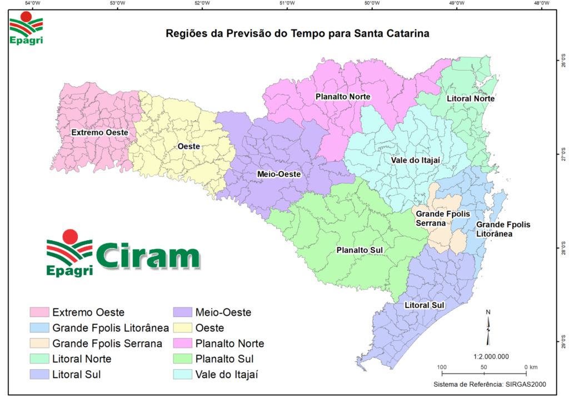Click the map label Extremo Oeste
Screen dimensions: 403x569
pyautogui.click(x=100, y=133)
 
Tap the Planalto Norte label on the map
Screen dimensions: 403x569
pyautogui.click(x=343, y=97)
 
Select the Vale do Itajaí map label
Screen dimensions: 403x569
pyautogui.click(x=416, y=160)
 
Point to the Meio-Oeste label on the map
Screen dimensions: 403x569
pyautogui.click(x=279, y=174)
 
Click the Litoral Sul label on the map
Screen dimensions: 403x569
pyautogui.click(x=424, y=305)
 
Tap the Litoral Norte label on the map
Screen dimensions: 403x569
pyautogui.click(x=471, y=99)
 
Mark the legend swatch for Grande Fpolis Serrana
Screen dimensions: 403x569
pyautogui.click(x=38, y=343)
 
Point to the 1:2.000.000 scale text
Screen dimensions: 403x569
pyautogui.click(x=491, y=356)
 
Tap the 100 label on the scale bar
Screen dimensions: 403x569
pyautogui.click(x=442, y=367)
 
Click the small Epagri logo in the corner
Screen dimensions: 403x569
pyautogui.click(x=26, y=31)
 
